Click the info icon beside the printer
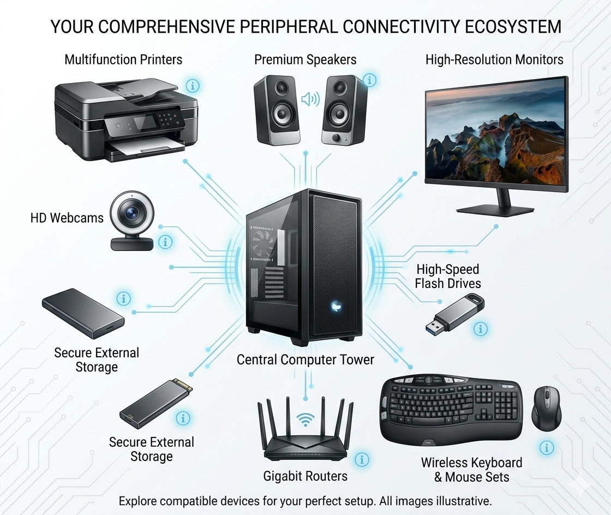193,86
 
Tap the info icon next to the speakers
369,80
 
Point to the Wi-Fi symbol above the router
305,420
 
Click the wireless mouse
546,408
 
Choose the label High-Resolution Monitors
494,59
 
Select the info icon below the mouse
546,448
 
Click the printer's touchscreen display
146,122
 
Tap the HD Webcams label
67,218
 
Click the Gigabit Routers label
305,476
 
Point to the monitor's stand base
495,210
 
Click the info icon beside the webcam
165,242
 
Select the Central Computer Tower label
305,360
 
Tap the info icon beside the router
361,459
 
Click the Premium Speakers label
305,59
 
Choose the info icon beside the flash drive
481,328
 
